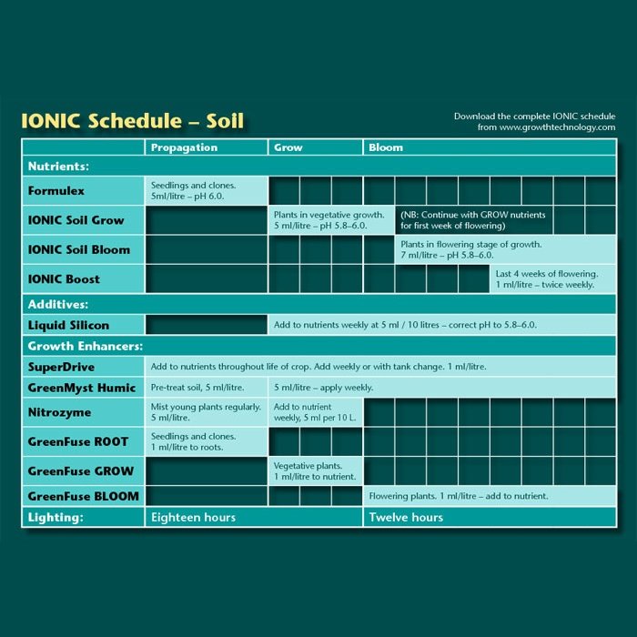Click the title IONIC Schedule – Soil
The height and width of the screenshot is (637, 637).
click(x=132, y=121)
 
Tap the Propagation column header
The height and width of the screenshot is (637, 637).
click(x=184, y=147)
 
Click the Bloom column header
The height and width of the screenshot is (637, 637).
click(x=386, y=147)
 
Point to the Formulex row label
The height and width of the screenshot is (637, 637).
click(x=56, y=191)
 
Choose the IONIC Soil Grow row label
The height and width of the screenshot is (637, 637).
click(x=76, y=220)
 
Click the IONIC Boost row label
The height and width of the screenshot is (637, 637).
click(x=64, y=278)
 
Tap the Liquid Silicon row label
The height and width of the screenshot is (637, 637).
click(x=68, y=325)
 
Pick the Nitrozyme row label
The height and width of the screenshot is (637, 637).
click(x=59, y=413)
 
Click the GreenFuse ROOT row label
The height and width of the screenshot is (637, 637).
click(x=78, y=442)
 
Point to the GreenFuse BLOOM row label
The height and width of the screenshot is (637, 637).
click(x=83, y=496)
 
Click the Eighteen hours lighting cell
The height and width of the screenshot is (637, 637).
click(x=193, y=517)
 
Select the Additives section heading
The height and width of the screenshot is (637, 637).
click(x=57, y=304)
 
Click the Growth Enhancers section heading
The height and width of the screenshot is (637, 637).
click(x=85, y=347)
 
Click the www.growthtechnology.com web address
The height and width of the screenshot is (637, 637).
click(x=557, y=127)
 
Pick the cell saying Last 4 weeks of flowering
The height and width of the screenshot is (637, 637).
click(x=546, y=274)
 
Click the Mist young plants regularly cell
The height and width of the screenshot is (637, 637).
click(x=206, y=407)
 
